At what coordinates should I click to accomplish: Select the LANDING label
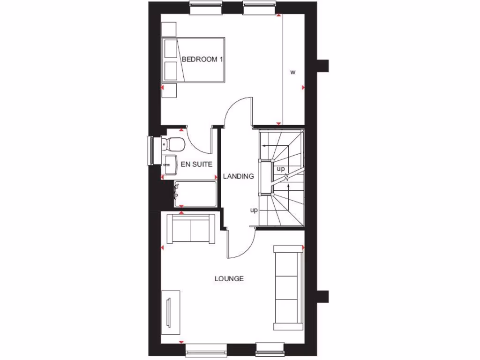point(239,177)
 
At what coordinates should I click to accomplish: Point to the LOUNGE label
point(229,278)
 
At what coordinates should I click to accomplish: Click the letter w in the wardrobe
point(293,72)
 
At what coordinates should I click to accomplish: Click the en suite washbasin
point(168,161)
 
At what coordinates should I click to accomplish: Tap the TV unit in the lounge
point(171,310)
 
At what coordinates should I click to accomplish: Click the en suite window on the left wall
point(151,150)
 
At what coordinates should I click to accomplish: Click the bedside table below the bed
point(168,90)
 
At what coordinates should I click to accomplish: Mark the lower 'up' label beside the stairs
point(254,210)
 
